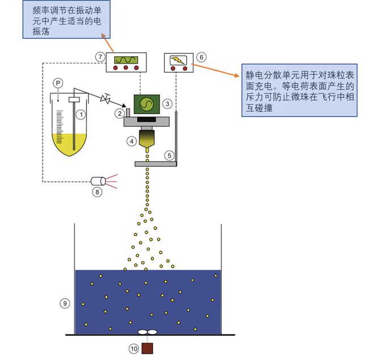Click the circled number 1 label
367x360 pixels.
pos(81,115)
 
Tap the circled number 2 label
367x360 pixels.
pos(119,114)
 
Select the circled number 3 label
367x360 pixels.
pos(167,104)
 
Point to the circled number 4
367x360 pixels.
pos(132,141)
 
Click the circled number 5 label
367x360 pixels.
pos(168,155)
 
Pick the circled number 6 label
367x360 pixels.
pos(202,57)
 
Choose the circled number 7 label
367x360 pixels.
pos(100,57)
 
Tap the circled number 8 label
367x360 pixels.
pos(98,192)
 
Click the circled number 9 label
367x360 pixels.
pos(65,303)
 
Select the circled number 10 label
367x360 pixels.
pos(133,349)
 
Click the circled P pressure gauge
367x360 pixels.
pos(58,83)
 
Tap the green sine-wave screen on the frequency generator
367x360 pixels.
pos(126,60)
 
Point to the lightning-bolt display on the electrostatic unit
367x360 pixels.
pos(178,59)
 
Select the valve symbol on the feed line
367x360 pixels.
pos(105,99)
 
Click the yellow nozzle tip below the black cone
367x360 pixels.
pos(147,149)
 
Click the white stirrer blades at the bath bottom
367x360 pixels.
pos(147,333)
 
